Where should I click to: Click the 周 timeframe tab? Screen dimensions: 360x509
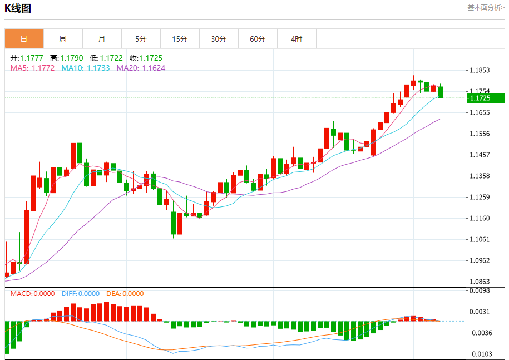tap(63, 39)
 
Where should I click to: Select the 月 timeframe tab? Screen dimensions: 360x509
tap(102, 39)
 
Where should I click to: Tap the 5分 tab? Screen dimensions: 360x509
tap(141, 39)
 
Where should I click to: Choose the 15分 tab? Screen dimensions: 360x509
tap(180, 39)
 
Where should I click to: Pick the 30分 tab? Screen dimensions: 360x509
tap(219, 39)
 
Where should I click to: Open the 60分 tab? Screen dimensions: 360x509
tap(258, 39)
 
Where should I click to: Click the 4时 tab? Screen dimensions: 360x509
tap(296, 39)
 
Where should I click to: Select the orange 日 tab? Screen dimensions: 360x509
tap(24, 39)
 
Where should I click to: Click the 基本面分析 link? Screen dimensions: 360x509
tap(486, 8)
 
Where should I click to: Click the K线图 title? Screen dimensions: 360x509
tap(18, 8)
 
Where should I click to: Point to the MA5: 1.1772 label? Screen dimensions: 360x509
tap(32, 68)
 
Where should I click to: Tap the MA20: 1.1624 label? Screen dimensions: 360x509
tap(141, 68)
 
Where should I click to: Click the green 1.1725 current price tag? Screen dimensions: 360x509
tap(485, 98)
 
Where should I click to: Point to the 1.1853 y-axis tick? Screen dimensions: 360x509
tap(479, 70)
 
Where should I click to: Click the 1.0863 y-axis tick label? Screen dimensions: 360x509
tap(479, 282)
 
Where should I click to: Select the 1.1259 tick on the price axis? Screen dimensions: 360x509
tap(479, 197)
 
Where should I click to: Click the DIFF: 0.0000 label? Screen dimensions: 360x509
tap(81, 294)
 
